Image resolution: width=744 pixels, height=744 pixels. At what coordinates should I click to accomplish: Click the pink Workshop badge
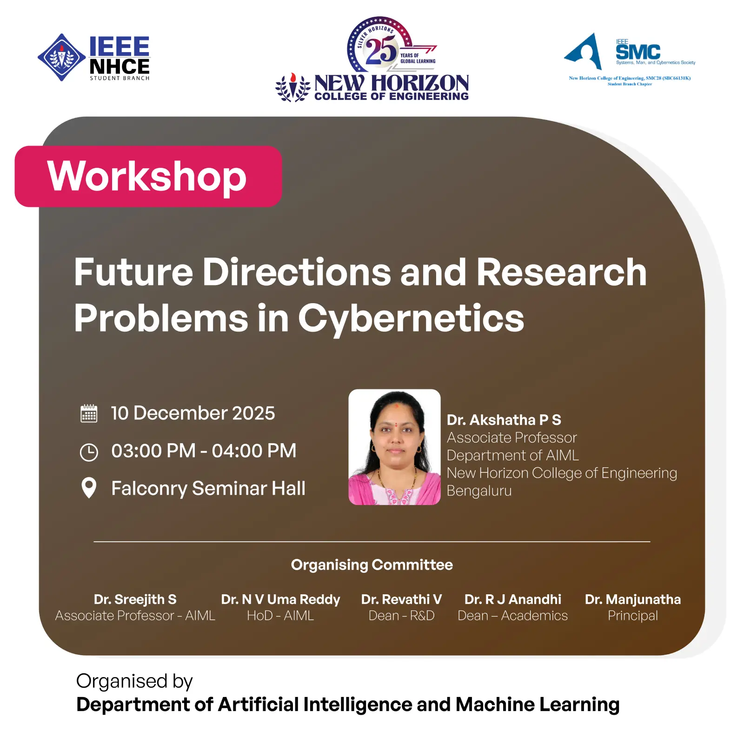click(148, 176)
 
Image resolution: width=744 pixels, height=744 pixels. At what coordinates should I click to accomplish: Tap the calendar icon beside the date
click(89, 413)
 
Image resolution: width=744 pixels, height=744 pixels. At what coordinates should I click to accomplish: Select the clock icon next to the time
click(89, 452)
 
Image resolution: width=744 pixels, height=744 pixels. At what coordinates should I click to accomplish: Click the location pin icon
click(89, 488)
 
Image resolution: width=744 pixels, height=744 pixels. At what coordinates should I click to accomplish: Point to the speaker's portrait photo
click(394, 447)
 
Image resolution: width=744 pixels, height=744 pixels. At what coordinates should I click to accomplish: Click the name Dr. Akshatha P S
click(504, 420)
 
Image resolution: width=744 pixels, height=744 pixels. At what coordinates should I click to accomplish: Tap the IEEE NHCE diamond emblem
click(61, 57)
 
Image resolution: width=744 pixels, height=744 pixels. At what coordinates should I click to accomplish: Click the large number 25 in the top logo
click(381, 50)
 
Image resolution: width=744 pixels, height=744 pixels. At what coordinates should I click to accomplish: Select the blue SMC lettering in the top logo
click(638, 52)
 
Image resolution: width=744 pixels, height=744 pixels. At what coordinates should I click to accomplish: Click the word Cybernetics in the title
click(411, 319)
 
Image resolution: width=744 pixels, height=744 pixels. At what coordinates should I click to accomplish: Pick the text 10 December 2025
click(193, 413)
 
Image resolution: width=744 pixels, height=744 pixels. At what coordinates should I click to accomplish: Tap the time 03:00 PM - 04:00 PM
click(204, 451)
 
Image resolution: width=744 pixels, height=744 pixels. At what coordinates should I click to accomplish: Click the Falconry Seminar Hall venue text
click(208, 488)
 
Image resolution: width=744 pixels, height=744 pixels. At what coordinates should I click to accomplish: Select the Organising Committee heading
click(372, 565)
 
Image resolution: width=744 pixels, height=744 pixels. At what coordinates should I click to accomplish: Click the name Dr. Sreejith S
click(135, 599)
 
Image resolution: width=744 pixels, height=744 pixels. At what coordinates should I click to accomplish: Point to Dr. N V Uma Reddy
click(280, 599)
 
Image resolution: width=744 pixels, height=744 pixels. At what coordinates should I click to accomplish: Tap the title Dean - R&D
click(401, 616)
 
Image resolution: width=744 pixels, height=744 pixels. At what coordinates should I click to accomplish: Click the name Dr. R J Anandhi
click(513, 599)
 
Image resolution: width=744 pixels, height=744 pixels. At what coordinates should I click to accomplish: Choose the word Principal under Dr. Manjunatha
click(633, 616)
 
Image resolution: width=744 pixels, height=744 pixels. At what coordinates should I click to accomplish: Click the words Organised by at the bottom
click(134, 682)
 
